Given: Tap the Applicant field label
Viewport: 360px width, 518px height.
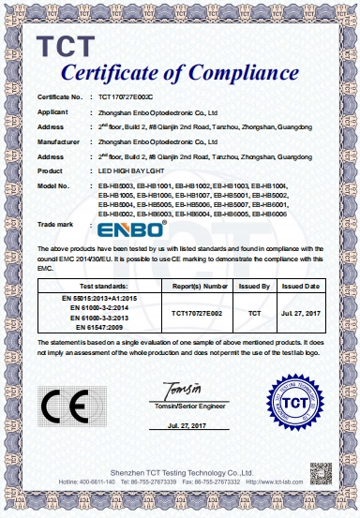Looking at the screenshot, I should [x=54, y=111].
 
